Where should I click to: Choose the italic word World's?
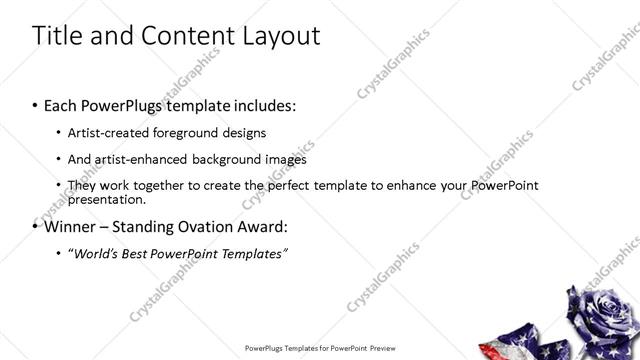[93, 254]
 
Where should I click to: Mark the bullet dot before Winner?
[35, 226]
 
